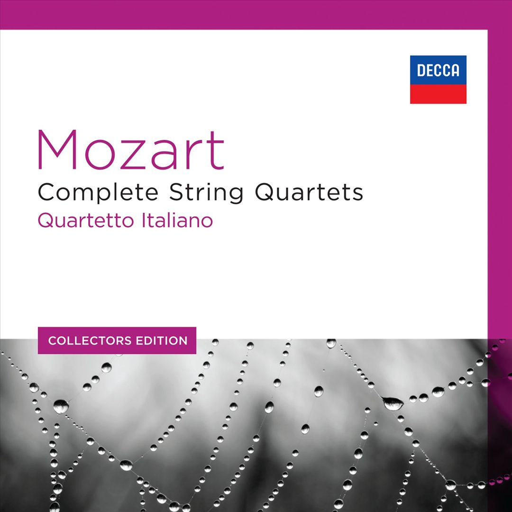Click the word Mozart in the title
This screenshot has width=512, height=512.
click(x=131, y=150)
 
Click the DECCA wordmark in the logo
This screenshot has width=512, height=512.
click(x=438, y=71)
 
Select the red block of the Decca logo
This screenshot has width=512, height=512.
click(x=438, y=94)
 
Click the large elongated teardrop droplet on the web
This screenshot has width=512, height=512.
click(x=393, y=403)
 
